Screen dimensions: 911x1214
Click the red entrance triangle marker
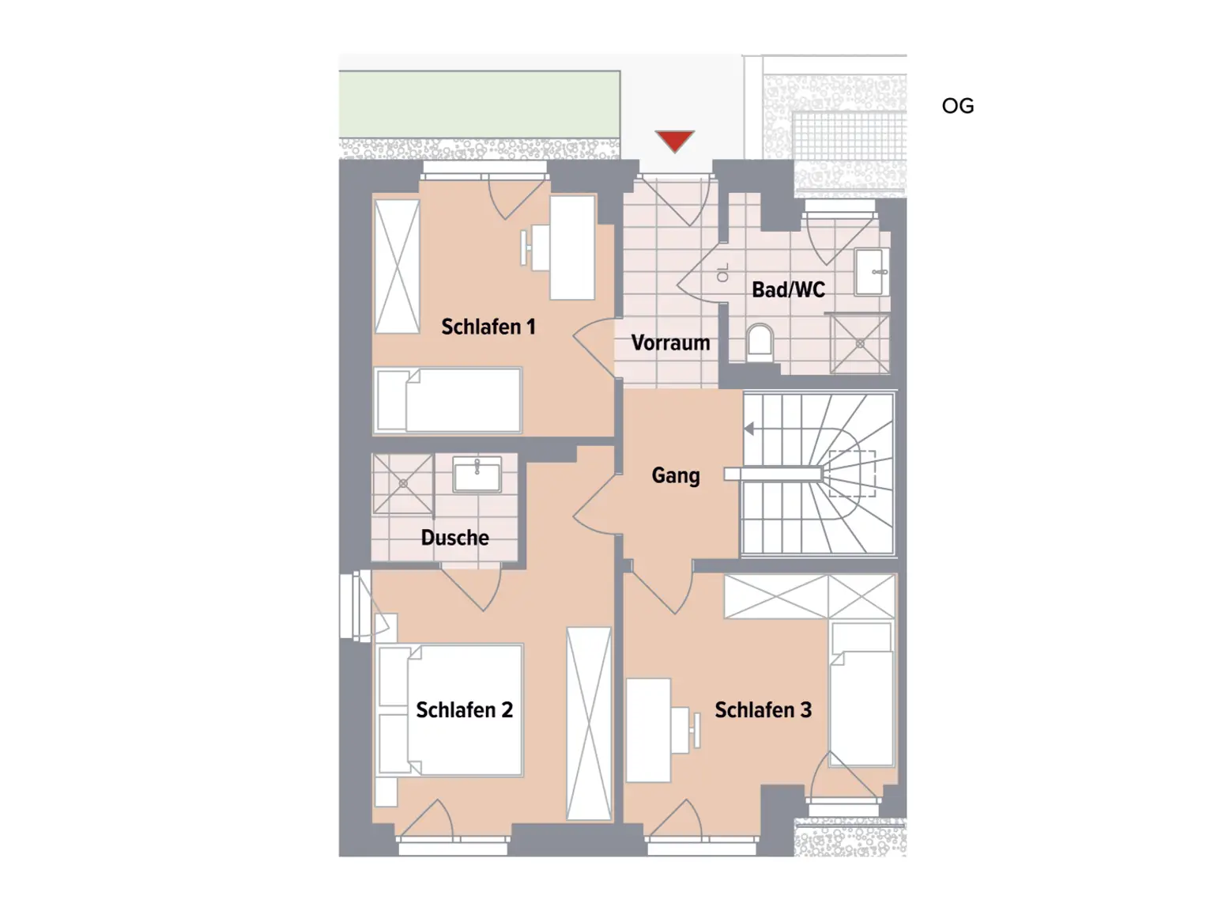[674, 140]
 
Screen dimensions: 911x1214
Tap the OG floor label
[957, 106]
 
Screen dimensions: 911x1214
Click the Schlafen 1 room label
[488, 327]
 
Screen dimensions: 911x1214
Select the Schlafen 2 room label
[464, 710]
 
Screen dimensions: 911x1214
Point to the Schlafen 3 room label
[763, 710]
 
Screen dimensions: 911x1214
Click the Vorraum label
[670, 343]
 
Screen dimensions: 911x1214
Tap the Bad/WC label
[788, 289]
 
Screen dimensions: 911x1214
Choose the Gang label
[675, 475]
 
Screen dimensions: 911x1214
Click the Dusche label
[454, 538]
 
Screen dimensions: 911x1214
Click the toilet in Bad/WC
[760, 342]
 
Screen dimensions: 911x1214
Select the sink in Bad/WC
[871, 272]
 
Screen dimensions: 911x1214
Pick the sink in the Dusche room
[477, 475]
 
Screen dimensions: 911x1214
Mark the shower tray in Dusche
[402, 483]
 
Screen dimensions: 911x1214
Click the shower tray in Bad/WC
[859, 344]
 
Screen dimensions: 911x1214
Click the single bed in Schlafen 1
[448, 400]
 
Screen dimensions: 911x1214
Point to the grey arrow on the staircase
[748, 429]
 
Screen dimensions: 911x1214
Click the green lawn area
[479, 104]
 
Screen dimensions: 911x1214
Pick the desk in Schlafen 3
[648, 729]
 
